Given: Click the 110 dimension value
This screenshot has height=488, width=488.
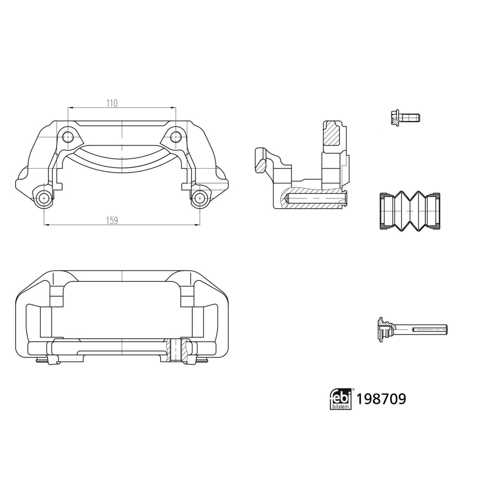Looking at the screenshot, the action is [112, 103].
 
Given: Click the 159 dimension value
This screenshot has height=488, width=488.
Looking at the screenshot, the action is [112, 221].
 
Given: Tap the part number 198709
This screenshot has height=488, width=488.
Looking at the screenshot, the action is [381, 399].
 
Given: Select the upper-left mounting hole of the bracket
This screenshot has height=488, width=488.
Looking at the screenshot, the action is [68, 137].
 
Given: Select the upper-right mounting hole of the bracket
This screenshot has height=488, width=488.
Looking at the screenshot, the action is [176, 137].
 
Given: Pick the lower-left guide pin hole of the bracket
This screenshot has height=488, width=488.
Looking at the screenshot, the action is [44, 197].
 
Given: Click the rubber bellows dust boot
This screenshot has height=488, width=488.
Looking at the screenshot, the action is [410, 211].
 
